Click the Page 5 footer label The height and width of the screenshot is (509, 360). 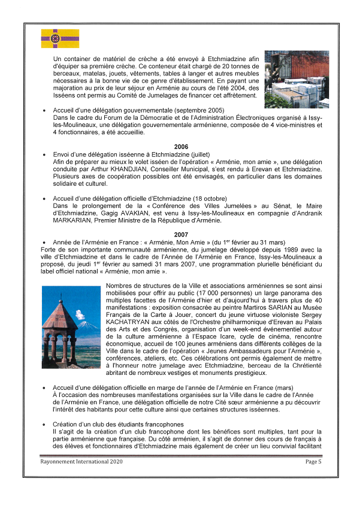pos(313,461)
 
